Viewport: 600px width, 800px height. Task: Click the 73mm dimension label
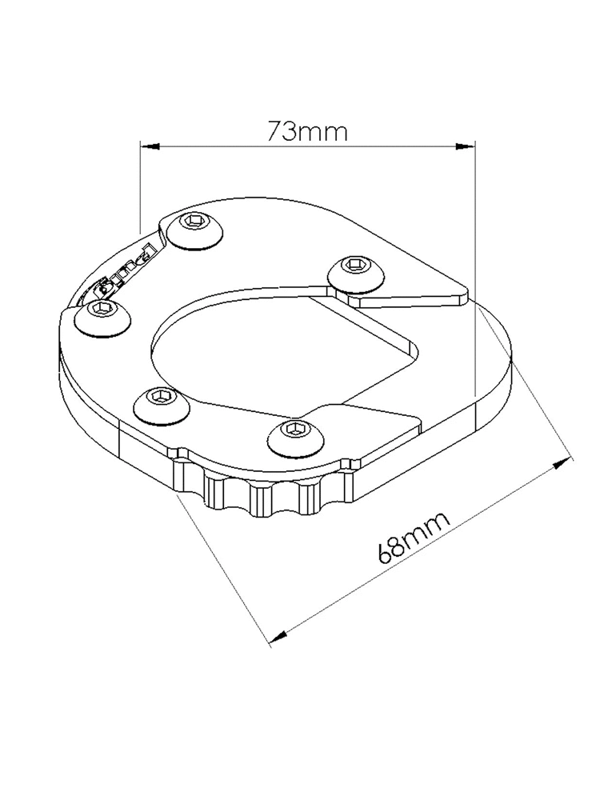pos(307,130)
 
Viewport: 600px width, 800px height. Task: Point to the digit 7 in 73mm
pos(277,130)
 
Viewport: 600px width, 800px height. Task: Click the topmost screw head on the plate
pos(194,228)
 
